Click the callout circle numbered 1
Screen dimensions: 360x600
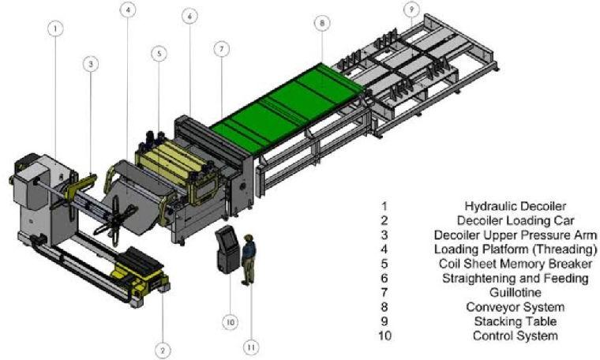pos(54,28)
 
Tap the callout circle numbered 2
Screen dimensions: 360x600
pos(163,349)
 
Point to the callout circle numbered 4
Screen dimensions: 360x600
pos(129,10)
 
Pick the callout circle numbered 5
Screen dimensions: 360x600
pos(159,54)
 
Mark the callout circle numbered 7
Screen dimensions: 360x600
pos(222,49)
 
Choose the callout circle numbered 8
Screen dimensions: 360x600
pos(322,24)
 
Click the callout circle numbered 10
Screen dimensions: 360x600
pos(229,321)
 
